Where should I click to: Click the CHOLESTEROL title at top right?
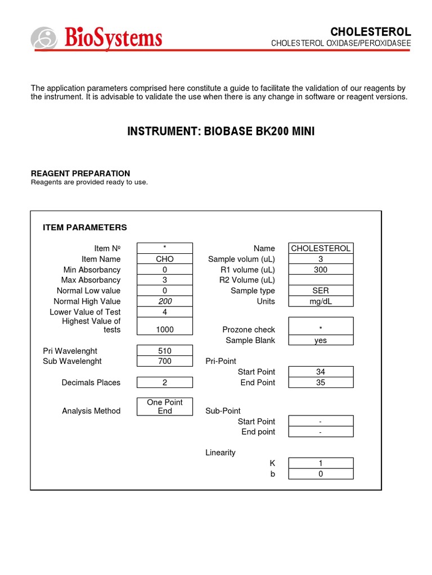point(370,31)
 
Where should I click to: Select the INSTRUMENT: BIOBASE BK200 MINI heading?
point(220,131)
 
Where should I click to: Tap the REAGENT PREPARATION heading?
point(80,174)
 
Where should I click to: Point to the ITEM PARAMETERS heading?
point(85,227)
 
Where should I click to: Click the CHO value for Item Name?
point(165,259)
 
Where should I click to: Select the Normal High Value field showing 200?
point(165,302)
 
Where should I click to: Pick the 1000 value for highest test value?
point(165,330)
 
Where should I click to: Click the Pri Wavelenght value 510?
point(165,351)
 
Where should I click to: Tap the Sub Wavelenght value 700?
point(165,361)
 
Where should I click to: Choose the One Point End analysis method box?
point(165,407)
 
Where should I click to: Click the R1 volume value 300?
point(321,270)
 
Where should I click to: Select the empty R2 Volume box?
point(321,280)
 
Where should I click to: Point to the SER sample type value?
point(321,291)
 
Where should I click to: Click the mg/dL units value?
point(321,302)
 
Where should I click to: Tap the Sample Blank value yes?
point(321,340)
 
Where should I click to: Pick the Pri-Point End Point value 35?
point(321,382)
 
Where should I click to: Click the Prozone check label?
point(249,330)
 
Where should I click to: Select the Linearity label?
point(220,453)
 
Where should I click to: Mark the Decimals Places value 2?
point(165,382)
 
